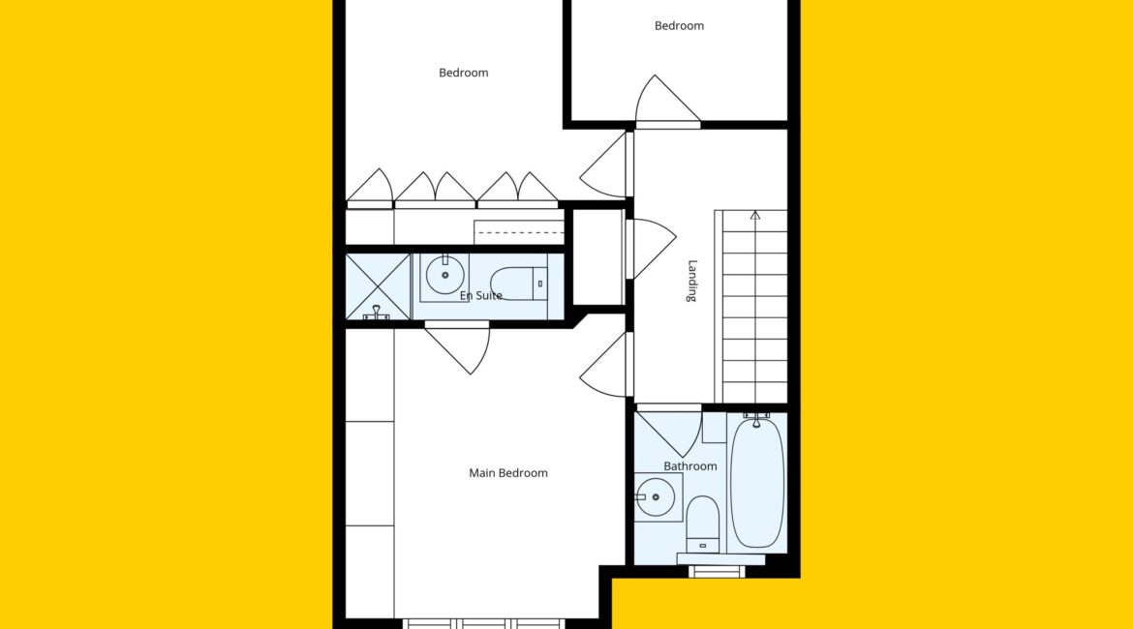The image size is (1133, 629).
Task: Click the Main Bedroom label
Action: (x=508, y=473)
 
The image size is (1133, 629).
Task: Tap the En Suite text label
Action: (x=480, y=295)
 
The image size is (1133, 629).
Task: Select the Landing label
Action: (x=692, y=281)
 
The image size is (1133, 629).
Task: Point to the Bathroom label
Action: (x=690, y=465)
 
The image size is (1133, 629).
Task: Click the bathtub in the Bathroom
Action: (x=756, y=483)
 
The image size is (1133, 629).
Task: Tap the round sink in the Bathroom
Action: (x=656, y=496)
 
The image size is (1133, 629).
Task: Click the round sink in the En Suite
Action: (x=445, y=275)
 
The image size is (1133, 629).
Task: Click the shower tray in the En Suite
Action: (x=378, y=286)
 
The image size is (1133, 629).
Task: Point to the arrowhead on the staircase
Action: (x=755, y=215)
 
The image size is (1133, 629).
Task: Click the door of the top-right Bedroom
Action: (x=666, y=101)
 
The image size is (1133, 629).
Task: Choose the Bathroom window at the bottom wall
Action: (x=716, y=572)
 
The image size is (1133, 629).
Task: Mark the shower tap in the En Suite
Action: (x=377, y=313)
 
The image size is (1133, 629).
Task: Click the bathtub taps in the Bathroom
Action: (x=756, y=418)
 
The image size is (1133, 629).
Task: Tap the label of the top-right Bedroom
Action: (x=679, y=26)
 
